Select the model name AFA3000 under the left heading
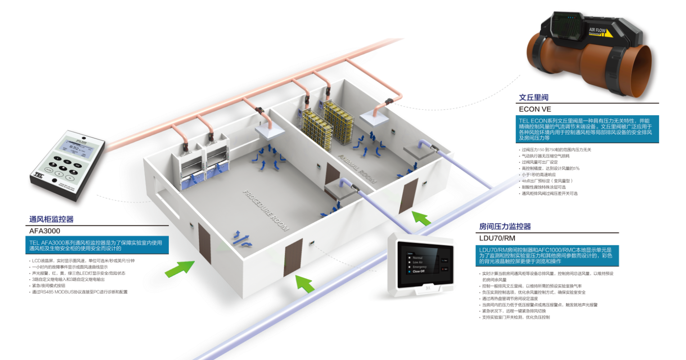(45, 231)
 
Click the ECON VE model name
(535, 109)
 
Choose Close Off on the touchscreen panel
(419, 271)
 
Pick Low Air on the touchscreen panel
(418, 262)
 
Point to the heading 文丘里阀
(534, 97)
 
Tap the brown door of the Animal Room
(408, 196)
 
